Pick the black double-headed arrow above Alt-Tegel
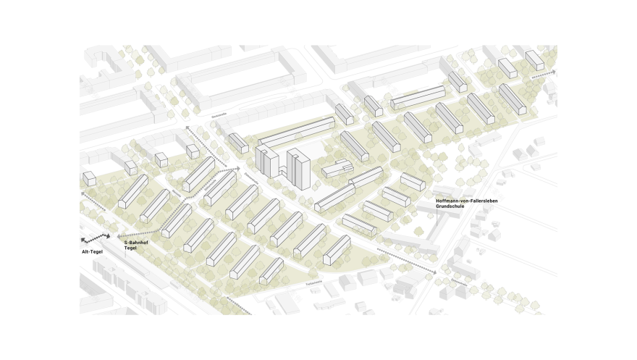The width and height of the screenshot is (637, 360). click(96, 237)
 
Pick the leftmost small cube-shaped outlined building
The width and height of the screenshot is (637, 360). click(90, 178)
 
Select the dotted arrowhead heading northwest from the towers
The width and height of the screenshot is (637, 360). click(187, 128)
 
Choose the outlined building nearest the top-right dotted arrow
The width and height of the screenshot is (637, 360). click(534, 59)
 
